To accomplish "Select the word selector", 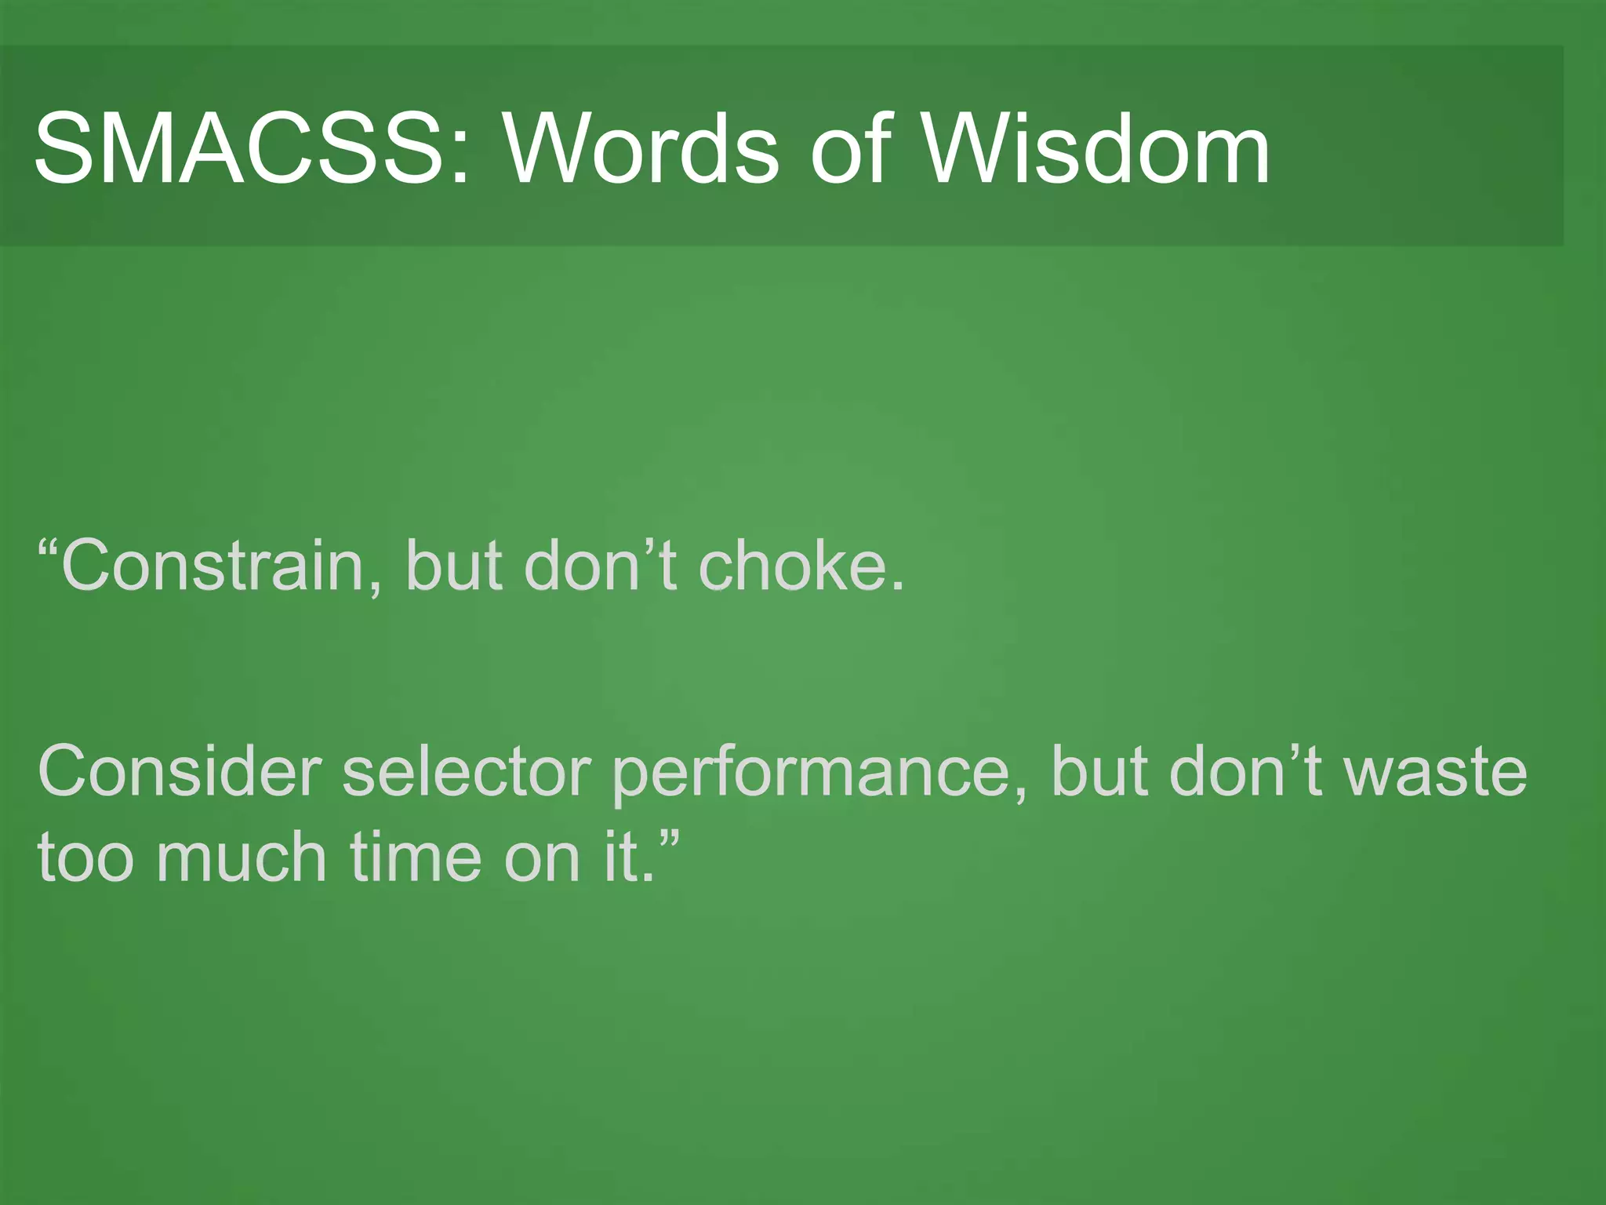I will pos(466,772).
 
